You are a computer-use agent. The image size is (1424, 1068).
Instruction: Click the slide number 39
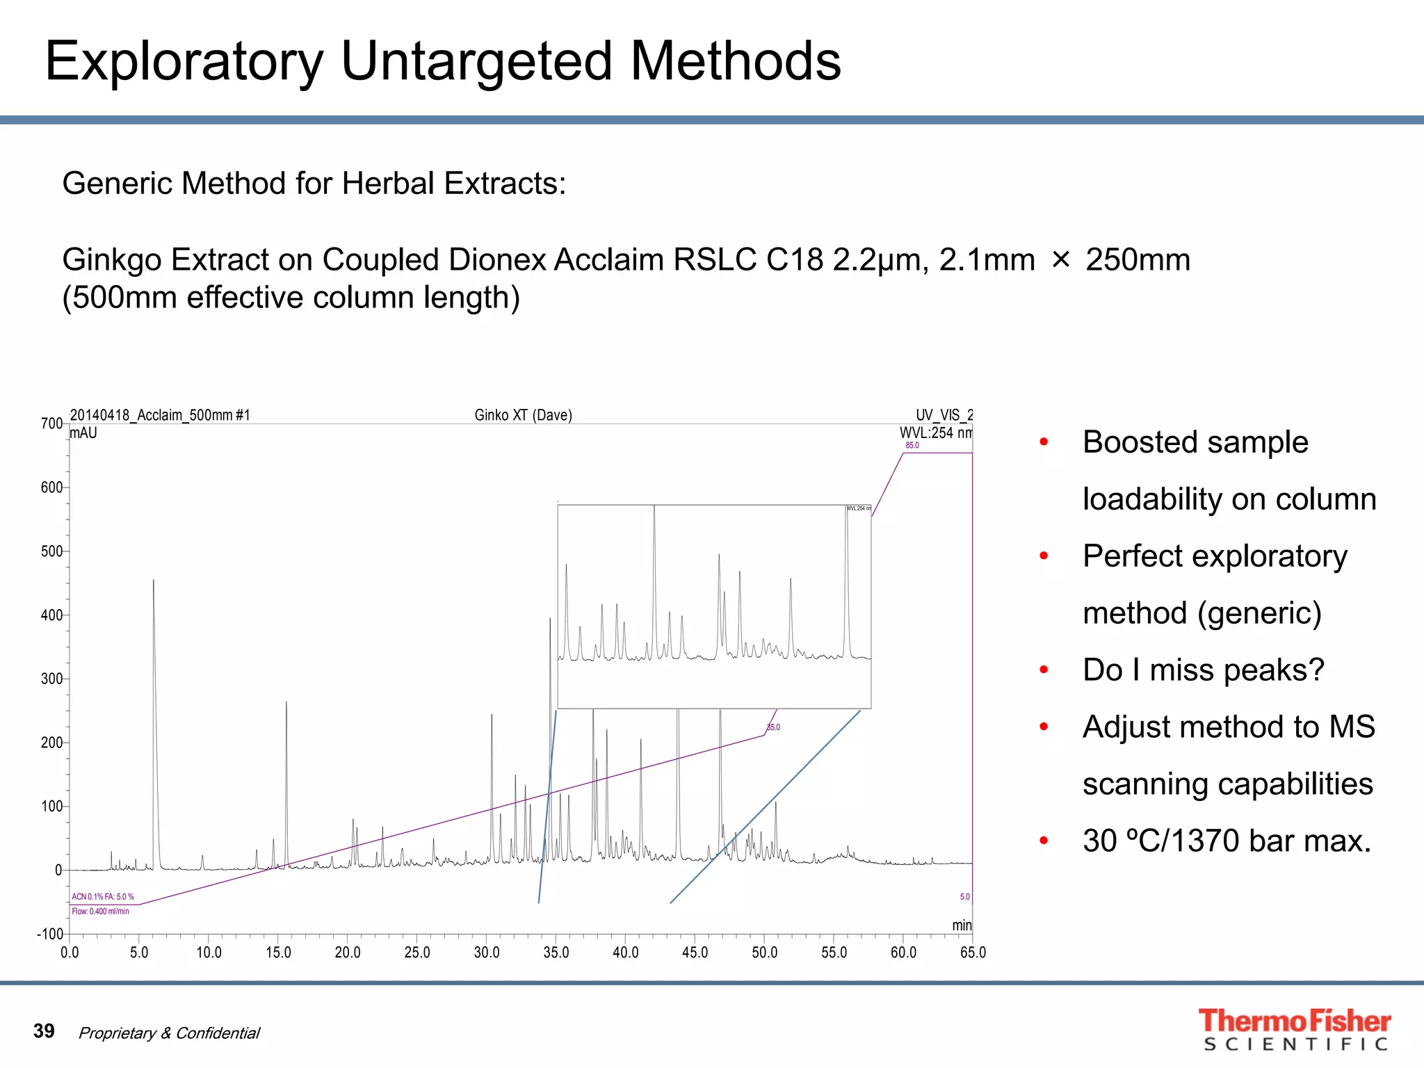[x=44, y=1030]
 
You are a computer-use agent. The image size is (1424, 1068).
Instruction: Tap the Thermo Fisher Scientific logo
[x=1294, y=1029]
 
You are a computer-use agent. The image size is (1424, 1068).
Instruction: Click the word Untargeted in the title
[x=476, y=61]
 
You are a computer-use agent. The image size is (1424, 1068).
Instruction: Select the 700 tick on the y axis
[x=51, y=423]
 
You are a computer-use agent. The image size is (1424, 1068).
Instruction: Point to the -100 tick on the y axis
[x=49, y=934]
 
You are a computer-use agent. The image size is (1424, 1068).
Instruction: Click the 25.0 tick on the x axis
[x=417, y=953]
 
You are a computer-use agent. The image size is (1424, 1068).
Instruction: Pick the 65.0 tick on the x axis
[x=972, y=953]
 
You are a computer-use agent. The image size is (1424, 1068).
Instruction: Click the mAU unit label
[x=83, y=433]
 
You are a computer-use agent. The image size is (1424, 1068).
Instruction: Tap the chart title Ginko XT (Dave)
[x=523, y=415]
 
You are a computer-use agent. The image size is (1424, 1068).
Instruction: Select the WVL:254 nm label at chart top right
[x=935, y=432]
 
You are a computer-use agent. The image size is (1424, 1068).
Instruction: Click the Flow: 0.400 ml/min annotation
[x=101, y=912]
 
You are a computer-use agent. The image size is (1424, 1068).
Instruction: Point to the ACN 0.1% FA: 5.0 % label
[x=103, y=897]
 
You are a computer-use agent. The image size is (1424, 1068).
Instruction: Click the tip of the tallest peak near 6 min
[x=154, y=581]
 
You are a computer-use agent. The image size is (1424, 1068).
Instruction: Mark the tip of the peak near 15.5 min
[x=286, y=703]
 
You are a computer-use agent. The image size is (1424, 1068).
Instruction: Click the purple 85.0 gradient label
[x=912, y=446]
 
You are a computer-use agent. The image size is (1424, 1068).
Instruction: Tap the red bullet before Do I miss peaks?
[x=1044, y=670]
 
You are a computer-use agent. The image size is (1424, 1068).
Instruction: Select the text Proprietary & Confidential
[x=169, y=1033]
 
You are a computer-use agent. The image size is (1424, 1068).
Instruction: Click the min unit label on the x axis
[x=962, y=925]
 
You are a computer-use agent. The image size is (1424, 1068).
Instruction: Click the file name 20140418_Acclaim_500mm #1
[x=160, y=415]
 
